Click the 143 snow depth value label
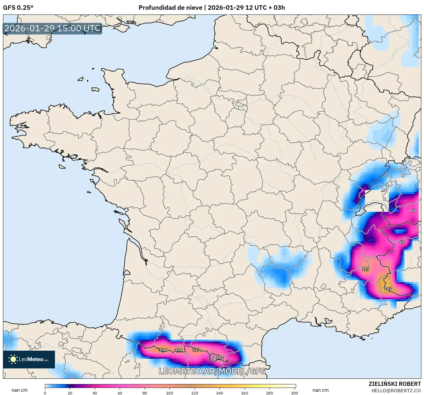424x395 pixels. tap(388, 289)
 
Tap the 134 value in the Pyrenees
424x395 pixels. tap(163, 350)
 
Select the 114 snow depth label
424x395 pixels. tap(179, 350)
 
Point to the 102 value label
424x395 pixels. tap(220, 357)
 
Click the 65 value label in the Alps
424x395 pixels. tap(402, 242)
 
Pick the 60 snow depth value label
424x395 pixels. tap(413, 211)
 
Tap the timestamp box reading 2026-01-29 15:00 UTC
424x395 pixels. tap(53, 28)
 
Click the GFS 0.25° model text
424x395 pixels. tap(18, 8)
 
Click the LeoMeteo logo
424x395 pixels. tap(29, 359)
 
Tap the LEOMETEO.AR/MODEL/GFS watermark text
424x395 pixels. tap(212, 371)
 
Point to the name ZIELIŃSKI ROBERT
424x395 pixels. tap(394, 384)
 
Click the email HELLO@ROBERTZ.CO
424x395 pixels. tap(396, 391)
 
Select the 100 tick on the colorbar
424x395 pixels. tap(170, 393)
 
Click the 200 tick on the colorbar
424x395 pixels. tap(294, 393)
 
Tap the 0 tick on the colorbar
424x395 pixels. tap(45, 393)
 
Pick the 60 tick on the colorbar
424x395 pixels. tap(120, 393)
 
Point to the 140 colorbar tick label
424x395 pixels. tap(220, 393)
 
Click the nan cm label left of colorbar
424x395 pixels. tap(20, 390)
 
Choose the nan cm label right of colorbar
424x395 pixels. tap(321, 390)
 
